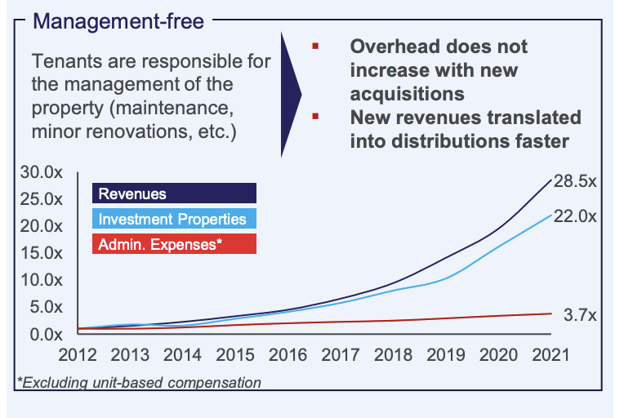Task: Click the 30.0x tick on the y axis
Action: [x=40, y=172]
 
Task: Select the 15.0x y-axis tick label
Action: [x=40, y=253]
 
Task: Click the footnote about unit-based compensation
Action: [x=139, y=382]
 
